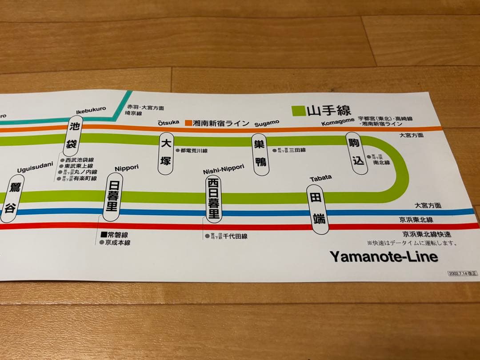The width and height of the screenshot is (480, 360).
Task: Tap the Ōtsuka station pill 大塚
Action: point(166,152)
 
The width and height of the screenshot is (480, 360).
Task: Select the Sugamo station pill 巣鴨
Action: point(260,154)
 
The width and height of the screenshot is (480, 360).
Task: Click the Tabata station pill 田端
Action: point(317,209)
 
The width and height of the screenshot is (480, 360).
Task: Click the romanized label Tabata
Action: point(320,178)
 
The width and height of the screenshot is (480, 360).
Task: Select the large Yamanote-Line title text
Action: point(384,256)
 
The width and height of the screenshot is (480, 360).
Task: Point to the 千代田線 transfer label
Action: point(235,236)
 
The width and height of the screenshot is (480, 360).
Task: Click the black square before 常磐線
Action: point(104,234)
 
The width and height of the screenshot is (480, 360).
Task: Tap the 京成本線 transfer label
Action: point(118,243)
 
